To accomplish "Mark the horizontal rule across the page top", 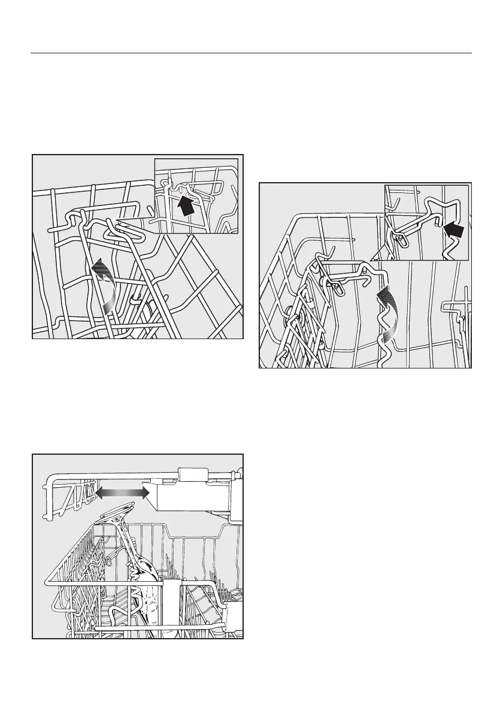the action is pos(251,53).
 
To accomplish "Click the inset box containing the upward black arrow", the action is pos(196,196).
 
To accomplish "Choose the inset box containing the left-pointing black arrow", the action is pos(426,222).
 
